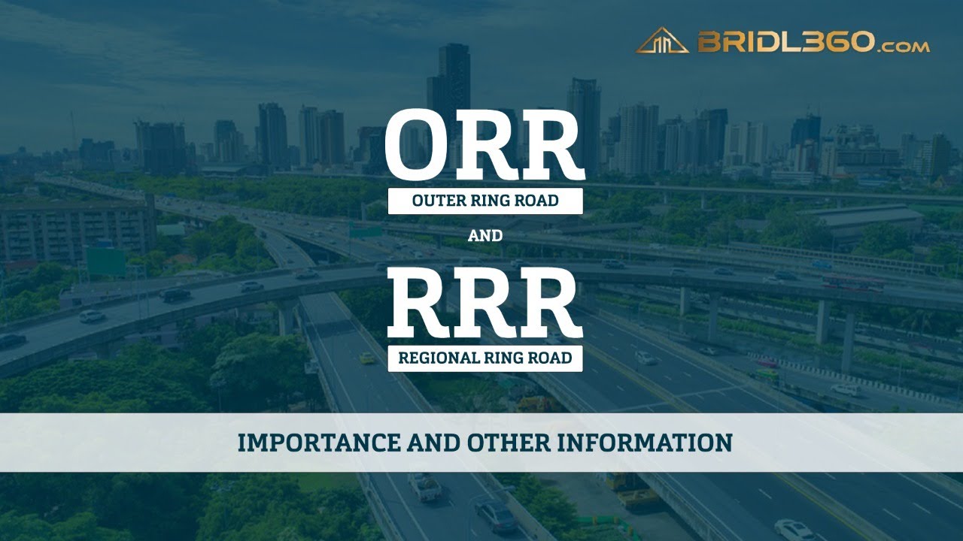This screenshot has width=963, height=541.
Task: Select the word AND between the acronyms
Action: click(x=485, y=236)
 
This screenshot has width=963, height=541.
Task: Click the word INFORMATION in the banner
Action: click(x=646, y=443)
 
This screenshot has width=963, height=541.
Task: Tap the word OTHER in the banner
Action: click(x=509, y=443)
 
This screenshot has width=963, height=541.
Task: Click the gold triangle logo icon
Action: click(x=662, y=41)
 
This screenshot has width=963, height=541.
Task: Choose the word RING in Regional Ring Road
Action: click(x=507, y=358)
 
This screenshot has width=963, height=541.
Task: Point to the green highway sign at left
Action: click(x=105, y=261)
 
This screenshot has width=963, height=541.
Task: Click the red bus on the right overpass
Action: click(x=852, y=283)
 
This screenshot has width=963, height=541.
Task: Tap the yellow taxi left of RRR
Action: click(x=366, y=358)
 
